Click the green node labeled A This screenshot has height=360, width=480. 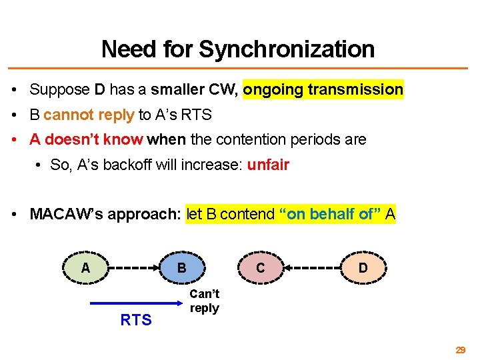point(85,268)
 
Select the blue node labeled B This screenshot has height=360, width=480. point(181,268)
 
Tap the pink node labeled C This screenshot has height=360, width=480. point(260,268)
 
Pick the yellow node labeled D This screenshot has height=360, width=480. point(363,268)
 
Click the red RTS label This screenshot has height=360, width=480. point(136,320)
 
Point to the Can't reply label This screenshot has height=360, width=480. point(204,301)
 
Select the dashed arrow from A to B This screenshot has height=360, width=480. point(133,269)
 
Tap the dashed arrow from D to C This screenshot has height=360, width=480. point(311,269)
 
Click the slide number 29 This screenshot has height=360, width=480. point(460,349)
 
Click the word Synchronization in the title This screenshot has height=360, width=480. point(287,49)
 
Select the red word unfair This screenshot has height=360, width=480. point(268,165)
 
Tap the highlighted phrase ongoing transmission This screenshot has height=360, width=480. point(323,89)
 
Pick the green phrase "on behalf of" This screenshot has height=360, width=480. point(330,214)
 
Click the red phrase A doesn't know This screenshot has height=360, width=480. point(86,139)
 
